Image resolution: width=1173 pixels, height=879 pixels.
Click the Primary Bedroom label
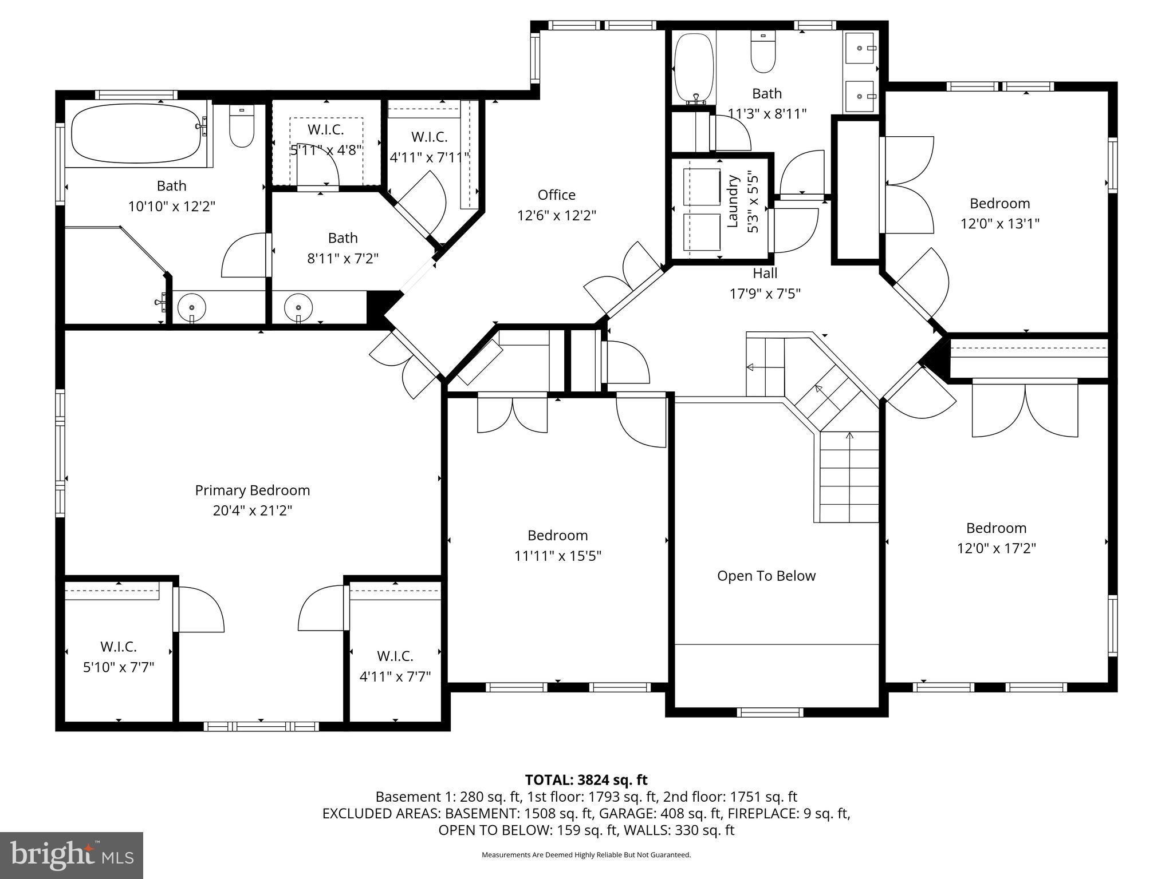tap(252, 490)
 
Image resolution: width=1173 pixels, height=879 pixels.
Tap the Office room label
tap(556, 195)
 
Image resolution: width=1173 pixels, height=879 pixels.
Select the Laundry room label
tap(733, 201)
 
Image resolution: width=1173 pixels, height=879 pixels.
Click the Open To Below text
tap(766, 576)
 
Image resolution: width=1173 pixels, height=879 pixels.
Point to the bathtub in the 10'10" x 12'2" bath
tap(135, 133)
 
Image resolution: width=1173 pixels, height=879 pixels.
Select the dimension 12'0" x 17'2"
tap(996, 548)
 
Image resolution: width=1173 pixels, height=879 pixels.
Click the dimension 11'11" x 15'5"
tap(557, 556)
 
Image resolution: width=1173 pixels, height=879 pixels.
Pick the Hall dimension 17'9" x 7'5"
tap(765, 294)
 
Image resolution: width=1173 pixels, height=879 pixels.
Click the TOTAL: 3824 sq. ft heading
tap(586, 779)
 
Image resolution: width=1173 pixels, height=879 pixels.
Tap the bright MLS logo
tap(72, 855)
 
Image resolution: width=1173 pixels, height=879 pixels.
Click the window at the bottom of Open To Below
tap(770, 712)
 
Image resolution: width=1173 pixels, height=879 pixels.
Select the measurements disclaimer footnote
tap(586, 855)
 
